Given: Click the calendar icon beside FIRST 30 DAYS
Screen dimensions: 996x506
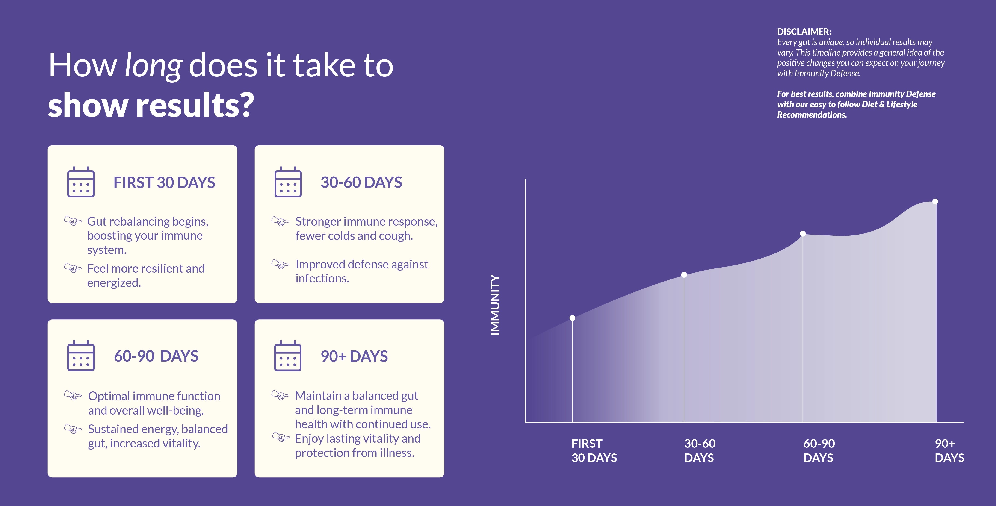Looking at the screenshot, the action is (81, 182).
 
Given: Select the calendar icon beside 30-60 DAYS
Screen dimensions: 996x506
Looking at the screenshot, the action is (288, 182).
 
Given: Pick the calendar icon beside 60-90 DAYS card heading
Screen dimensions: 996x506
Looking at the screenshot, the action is (81, 356).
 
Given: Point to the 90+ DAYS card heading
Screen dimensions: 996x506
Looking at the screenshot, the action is (354, 356).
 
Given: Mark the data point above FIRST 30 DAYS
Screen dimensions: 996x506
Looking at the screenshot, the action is (572, 318).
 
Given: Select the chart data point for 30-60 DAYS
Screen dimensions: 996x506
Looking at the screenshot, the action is (684, 275).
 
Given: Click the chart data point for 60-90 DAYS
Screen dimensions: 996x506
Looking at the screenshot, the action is (803, 233).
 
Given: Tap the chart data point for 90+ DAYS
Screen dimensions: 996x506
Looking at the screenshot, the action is (935, 201).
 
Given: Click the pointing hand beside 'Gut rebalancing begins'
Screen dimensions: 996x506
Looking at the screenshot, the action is (73, 221).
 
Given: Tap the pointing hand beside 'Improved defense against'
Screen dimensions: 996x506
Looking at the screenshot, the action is (280, 264).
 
